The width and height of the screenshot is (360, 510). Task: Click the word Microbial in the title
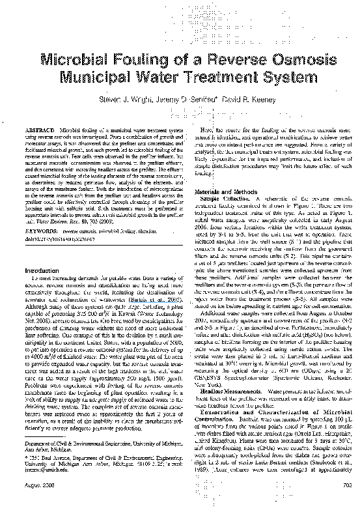click(x=77, y=63)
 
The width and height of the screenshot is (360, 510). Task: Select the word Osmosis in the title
click(x=285, y=63)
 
